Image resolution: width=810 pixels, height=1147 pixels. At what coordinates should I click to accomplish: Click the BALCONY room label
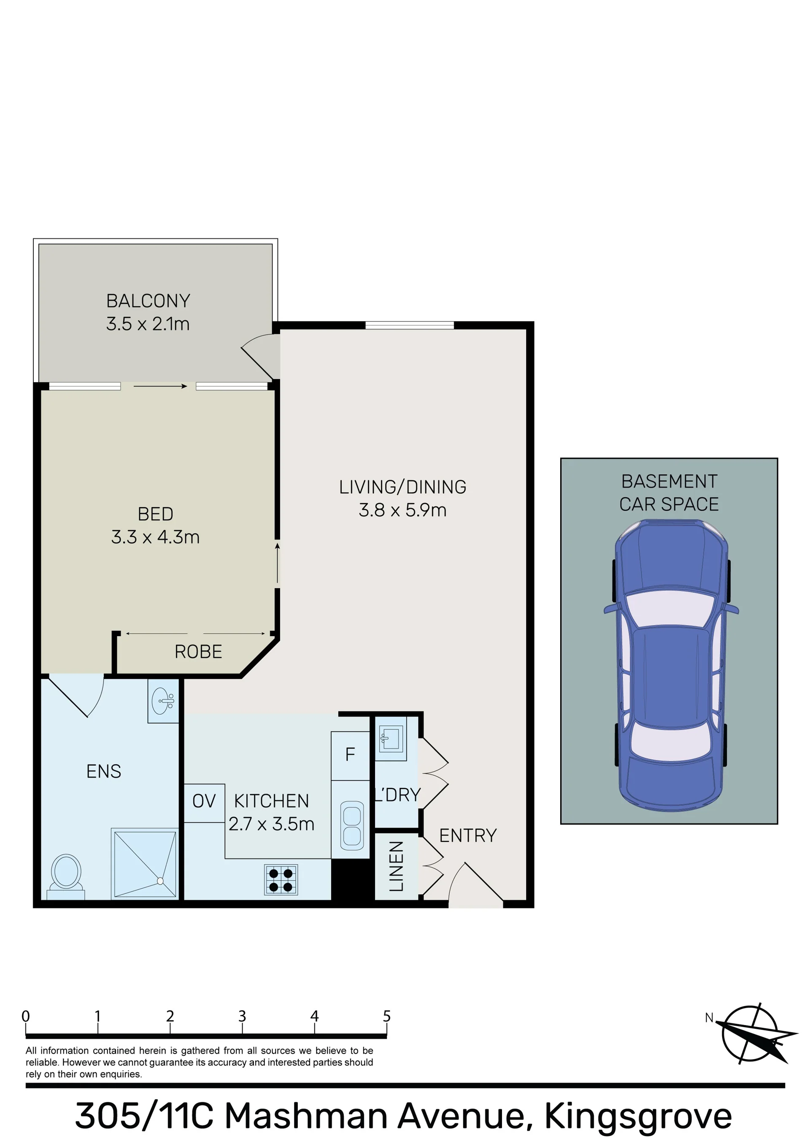(x=148, y=301)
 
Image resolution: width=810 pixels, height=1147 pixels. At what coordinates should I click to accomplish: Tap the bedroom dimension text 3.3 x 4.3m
(x=155, y=537)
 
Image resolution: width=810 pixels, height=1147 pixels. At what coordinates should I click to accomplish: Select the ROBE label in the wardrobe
(x=198, y=651)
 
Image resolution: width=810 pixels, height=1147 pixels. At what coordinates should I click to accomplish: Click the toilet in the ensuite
(x=66, y=877)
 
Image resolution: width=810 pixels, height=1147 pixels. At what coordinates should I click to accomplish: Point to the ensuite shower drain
(x=160, y=881)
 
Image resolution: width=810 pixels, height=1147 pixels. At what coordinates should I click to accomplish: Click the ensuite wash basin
(x=163, y=701)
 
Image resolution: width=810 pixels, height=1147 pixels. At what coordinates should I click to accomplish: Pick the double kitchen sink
(x=352, y=826)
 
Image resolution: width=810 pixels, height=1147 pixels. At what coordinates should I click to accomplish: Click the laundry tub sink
(x=391, y=739)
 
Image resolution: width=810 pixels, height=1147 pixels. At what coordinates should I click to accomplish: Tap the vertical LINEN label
(x=396, y=866)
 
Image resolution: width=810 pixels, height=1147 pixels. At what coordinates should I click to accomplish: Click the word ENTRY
(x=468, y=835)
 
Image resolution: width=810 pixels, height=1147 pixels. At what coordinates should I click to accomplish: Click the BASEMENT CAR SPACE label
(x=669, y=493)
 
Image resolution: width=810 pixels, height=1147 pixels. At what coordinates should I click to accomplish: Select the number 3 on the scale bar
(x=242, y=1016)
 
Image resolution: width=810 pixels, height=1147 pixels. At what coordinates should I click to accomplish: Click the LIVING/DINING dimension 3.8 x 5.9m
(x=402, y=510)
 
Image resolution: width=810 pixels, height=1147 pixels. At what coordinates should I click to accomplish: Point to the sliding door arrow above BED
(x=160, y=386)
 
